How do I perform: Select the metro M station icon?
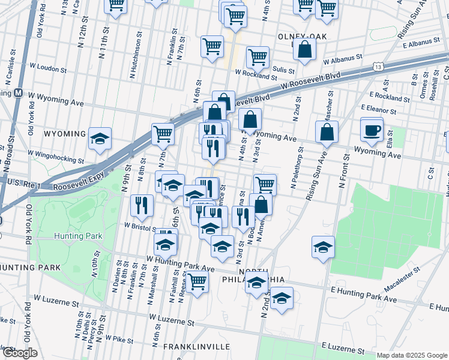coord(18,94)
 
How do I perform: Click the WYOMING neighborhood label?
coord(64,133)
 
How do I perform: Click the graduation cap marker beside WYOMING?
coord(100,139)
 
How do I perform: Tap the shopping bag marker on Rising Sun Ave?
coord(327,133)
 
